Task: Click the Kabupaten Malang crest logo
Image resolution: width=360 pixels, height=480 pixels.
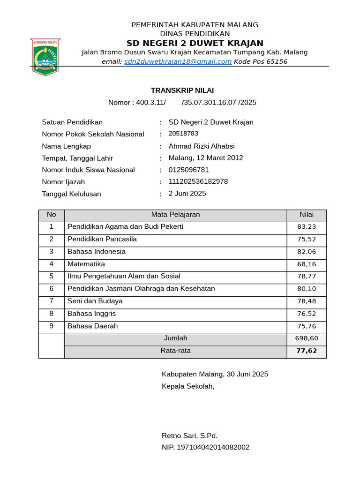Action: click(45, 56)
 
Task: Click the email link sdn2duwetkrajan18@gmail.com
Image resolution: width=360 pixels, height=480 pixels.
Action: click(178, 61)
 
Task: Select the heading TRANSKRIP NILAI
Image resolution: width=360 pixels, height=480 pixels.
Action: click(182, 90)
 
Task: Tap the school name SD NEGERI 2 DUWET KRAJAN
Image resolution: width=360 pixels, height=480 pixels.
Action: click(195, 43)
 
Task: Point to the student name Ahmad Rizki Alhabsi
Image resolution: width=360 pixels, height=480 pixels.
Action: click(202, 146)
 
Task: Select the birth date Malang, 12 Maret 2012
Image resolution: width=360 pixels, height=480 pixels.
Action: click(206, 158)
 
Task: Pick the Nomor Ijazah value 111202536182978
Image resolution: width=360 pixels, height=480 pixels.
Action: click(198, 181)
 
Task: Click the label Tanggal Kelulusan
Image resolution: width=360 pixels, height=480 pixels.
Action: click(71, 194)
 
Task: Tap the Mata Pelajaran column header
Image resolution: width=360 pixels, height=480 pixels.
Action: click(175, 215)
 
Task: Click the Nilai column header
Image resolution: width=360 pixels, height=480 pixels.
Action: click(307, 215)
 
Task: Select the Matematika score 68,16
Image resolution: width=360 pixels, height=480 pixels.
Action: click(307, 264)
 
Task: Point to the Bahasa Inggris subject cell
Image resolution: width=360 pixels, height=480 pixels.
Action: click(92, 314)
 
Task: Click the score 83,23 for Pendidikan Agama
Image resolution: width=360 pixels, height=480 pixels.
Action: click(307, 227)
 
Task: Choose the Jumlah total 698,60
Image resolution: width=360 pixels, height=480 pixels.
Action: click(307, 338)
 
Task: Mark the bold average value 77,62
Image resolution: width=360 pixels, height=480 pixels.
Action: click(307, 351)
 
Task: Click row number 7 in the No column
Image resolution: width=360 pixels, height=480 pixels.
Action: click(52, 301)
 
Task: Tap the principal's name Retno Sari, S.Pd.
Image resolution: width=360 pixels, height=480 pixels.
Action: click(189, 435)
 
